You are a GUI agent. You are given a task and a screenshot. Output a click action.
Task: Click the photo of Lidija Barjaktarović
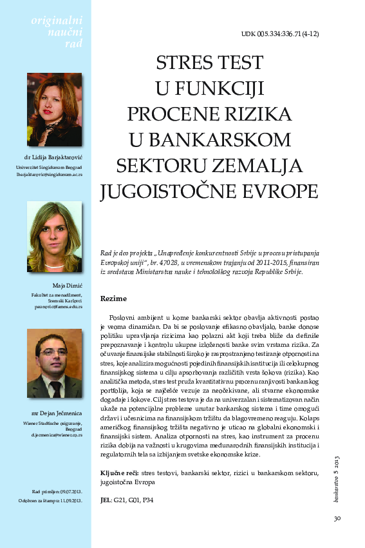point(54,110)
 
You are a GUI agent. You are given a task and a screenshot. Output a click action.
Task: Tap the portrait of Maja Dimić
point(54,236)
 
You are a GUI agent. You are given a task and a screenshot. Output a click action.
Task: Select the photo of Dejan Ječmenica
point(54,364)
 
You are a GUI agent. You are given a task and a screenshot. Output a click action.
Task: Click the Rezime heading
point(114,298)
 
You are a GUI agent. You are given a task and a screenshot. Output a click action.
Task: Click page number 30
point(337,517)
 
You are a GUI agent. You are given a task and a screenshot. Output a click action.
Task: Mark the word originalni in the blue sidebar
point(57,21)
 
